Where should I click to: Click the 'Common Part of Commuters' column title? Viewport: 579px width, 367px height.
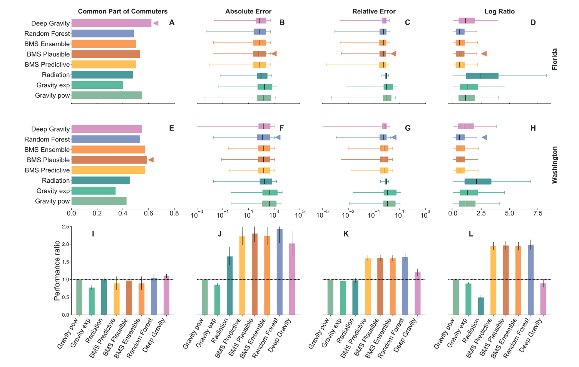click(122, 12)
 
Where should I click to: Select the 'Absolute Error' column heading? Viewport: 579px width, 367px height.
click(248, 12)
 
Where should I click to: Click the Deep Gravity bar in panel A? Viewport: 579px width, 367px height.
click(111, 23)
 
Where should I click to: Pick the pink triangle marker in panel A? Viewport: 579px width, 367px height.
click(156, 23)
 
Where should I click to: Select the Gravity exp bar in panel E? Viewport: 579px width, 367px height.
click(94, 191)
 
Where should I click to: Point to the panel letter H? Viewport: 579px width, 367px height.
click(533, 128)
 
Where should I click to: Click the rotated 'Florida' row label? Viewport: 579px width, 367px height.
click(555, 59)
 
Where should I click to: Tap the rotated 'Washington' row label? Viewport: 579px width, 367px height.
click(555, 165)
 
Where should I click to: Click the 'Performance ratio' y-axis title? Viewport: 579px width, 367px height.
click(57, 270)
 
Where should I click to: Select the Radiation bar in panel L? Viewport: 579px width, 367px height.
click(480, 306)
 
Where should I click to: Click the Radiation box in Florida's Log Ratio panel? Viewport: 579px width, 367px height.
click(482, 76)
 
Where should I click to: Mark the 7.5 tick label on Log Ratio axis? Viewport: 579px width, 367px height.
click(538, 213)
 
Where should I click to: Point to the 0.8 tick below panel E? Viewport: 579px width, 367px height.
click(174, 213)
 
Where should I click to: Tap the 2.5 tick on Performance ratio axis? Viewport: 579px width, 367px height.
click(65, 227)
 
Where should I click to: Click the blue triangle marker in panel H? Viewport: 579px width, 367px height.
click(484, 137)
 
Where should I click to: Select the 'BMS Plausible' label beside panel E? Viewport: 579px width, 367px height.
click(48, 160)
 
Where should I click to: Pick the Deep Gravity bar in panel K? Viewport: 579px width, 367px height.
click(418, 294)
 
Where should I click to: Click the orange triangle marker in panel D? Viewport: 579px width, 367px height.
click(484, 54)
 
